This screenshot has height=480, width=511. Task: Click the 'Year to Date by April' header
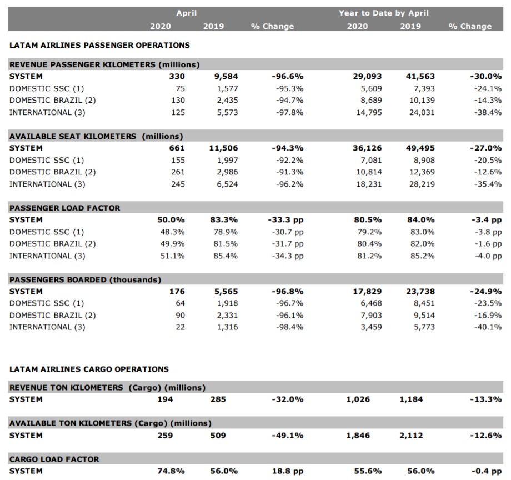pos(384,13)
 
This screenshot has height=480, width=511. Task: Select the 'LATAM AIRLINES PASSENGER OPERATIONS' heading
pos(99,45)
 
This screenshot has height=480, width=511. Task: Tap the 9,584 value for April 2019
pos(226,76)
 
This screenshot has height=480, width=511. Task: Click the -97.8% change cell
pos(289,112)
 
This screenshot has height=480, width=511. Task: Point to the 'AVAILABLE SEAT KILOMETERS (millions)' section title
pos(96,136)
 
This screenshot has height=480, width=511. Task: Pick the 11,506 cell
pos(223,148)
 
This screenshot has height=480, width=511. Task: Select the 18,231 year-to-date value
pos(369,184)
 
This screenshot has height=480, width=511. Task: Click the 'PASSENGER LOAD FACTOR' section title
pos(64,208)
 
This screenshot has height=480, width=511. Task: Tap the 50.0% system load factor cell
pos(171,219)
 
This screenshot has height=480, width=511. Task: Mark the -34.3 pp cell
pos(288,256)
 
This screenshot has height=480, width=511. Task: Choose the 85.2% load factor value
pos(422,256)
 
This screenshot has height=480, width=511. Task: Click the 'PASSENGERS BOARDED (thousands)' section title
pos(85,279)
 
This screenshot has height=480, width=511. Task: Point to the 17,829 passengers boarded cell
pos(367,291)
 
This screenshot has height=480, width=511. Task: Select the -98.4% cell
pos(289,327)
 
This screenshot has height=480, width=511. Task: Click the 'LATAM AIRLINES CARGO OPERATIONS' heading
pos(89,369)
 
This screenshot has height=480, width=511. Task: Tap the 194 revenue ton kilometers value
pos(165,399)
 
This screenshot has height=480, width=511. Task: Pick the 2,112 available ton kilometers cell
pos(411,436)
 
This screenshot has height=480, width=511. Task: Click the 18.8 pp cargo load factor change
pos(288,471)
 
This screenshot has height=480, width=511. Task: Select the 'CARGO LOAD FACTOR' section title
pos(54,459)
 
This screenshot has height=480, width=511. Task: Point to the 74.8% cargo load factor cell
pos(171,471)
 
